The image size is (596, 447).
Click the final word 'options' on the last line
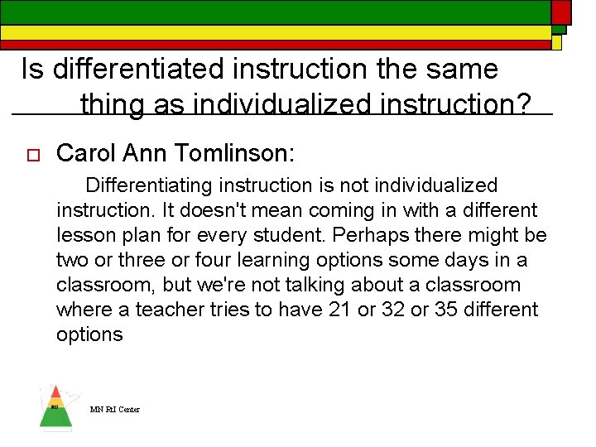click(89, 334)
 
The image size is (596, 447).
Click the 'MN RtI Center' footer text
click(115, 410)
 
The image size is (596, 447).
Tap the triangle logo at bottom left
click(55, 408)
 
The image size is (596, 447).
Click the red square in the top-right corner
click(561, 11)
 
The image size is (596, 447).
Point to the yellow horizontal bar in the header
click(273, 32)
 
